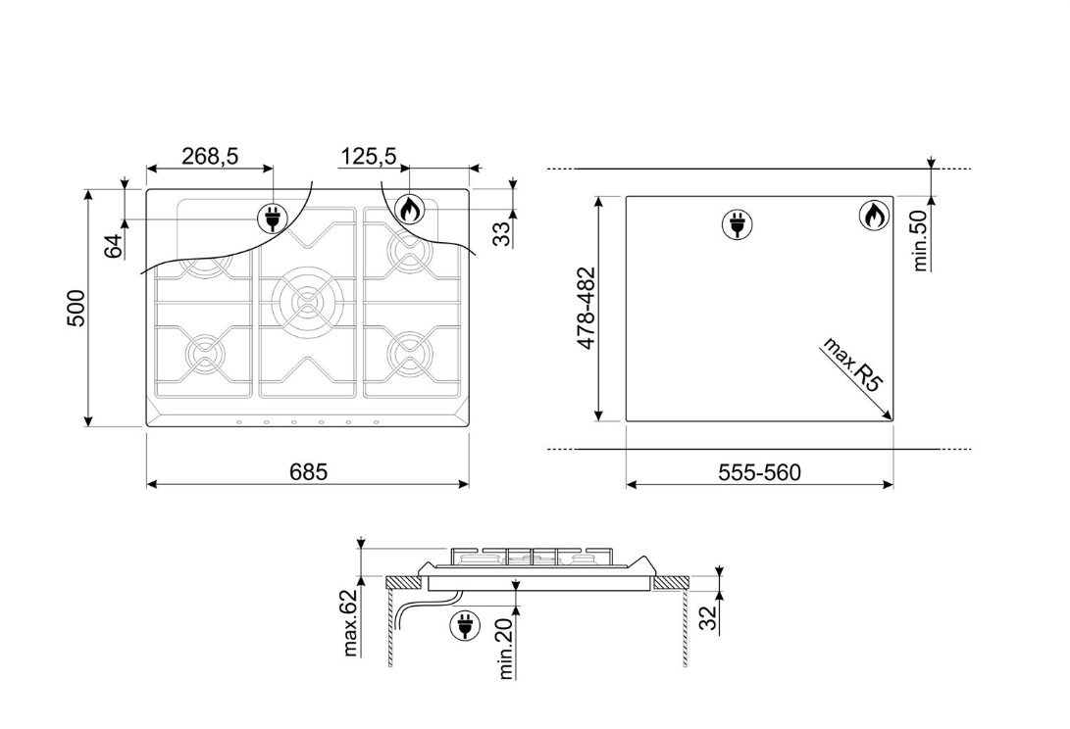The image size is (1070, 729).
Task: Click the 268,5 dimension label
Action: click(x=210, y=156)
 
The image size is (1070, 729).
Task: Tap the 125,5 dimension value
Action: click(x=369, y=156)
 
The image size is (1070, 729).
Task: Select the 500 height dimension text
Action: click(x=76, y=309)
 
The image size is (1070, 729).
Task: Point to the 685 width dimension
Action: click(x=308, y=472)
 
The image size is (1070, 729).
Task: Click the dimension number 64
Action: click(x=114, y=246)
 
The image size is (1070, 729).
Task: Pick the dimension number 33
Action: click(x=501, y=234)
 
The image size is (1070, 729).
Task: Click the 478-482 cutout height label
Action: click(x=586, y=309)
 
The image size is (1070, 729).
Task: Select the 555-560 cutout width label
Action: click(x=759, y=472)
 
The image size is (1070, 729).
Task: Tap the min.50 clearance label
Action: click(x=921, y=240)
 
